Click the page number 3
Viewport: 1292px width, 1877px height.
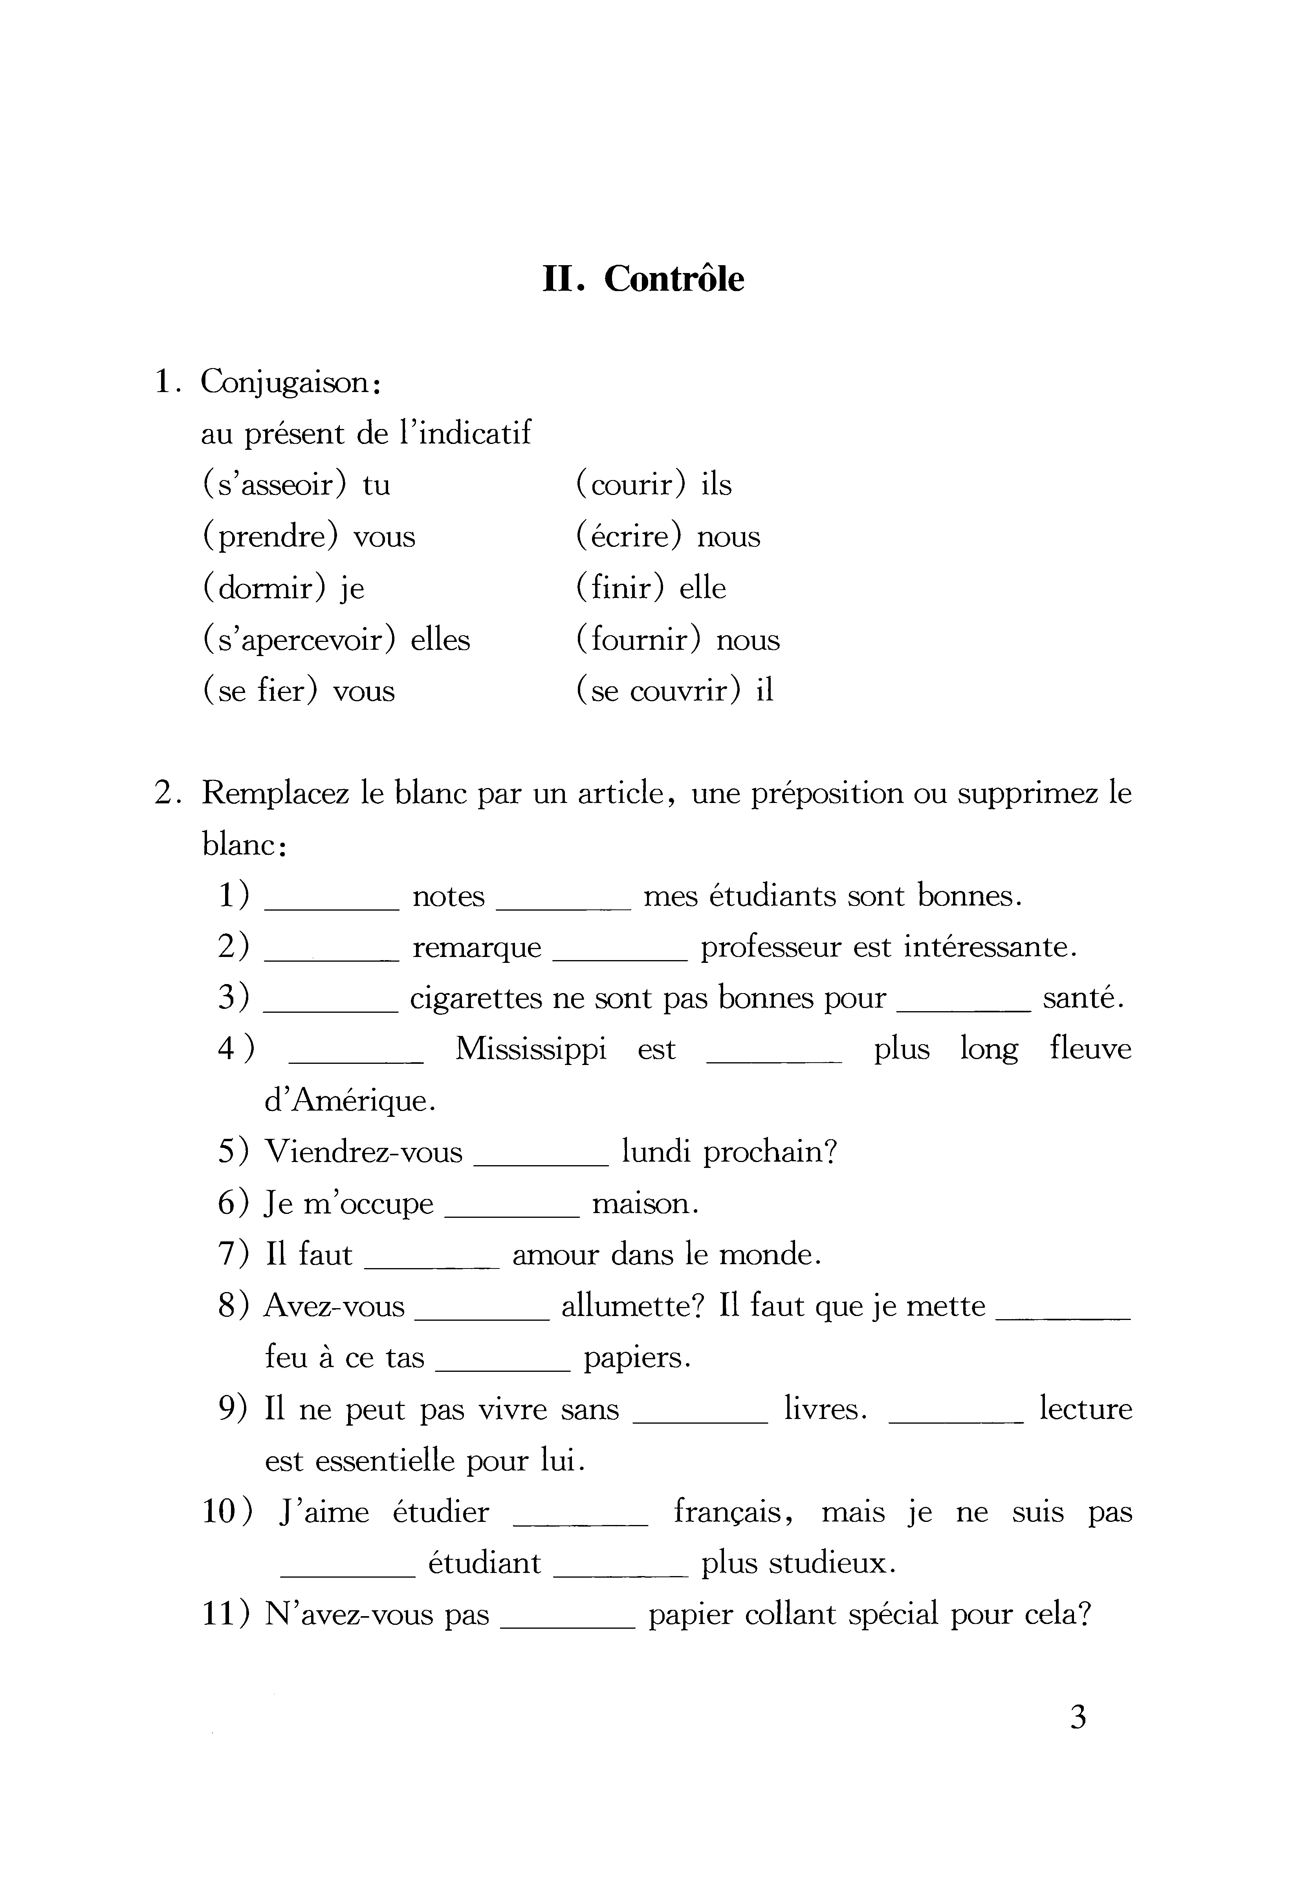tap(1078, 1740)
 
